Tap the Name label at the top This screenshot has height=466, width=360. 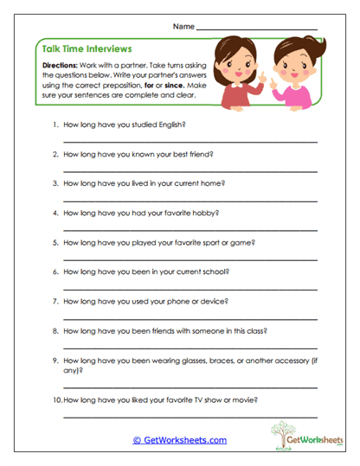(x=183, y=27)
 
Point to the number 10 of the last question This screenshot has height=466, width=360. (x=56, y=399)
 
